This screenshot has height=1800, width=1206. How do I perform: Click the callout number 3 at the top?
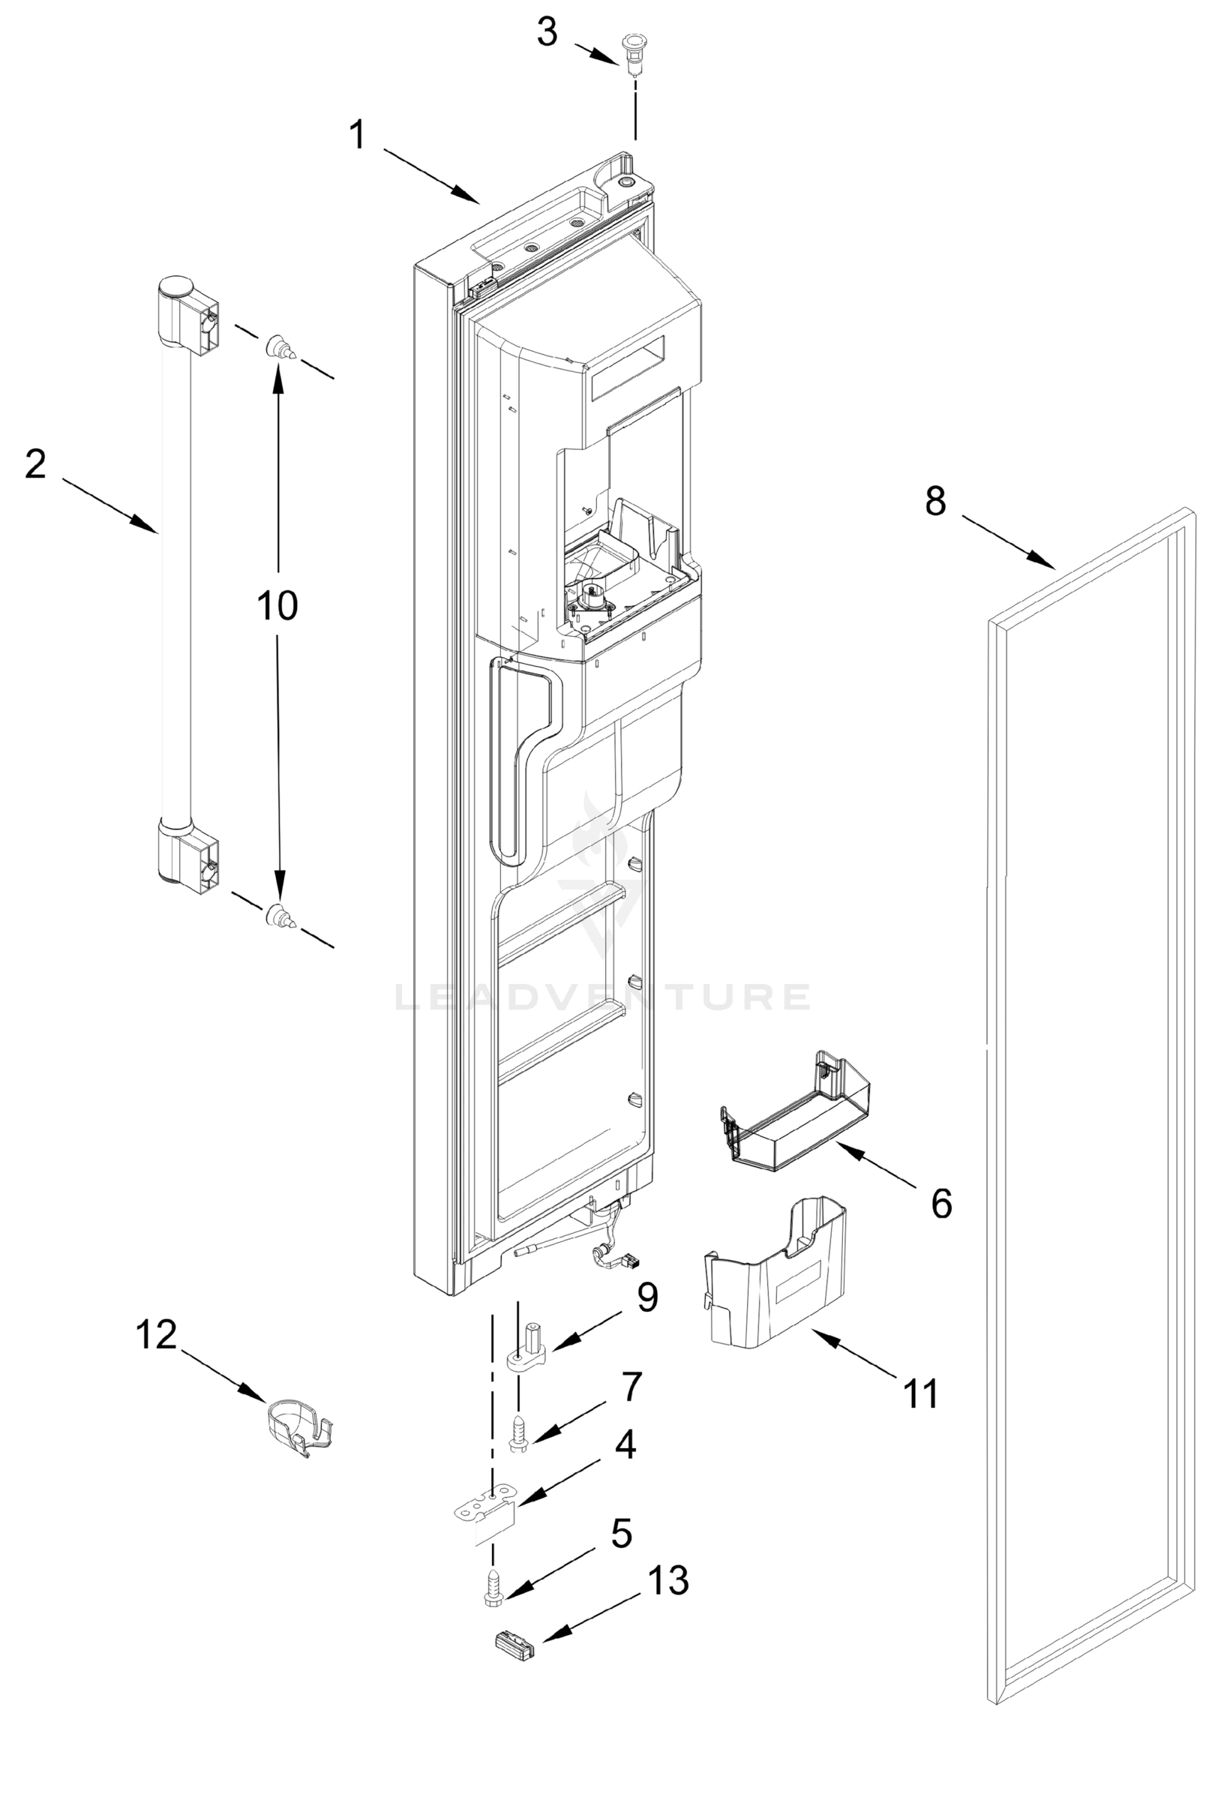(547, 32)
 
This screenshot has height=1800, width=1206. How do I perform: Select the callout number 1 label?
(358, 136)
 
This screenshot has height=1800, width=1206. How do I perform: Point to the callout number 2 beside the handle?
(35, 464)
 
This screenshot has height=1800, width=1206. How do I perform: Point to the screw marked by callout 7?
(518, 1435)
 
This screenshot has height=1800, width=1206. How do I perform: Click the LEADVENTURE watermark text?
(602, 997)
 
